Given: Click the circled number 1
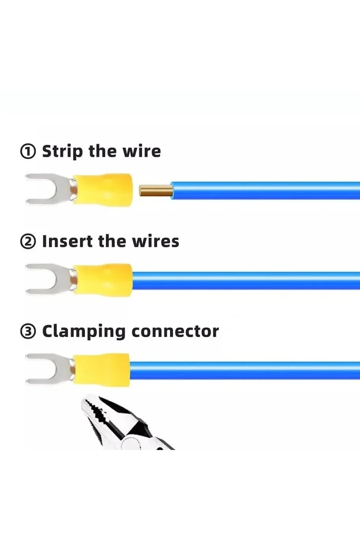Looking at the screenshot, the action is point(28,152).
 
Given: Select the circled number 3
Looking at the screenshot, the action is point(28,332).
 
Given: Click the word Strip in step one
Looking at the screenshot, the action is point(63,152).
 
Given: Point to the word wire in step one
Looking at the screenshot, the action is point(142,152).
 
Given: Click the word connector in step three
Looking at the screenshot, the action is point(175,332).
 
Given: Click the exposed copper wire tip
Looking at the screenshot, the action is point(156,190).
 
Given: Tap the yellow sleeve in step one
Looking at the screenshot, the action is point(103,190).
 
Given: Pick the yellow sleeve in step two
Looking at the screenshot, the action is point(103,280).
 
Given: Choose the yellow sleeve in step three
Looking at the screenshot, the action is point(102,370).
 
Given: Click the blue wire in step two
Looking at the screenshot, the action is point(246,280).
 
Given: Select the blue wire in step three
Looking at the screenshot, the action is point(245,370).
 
